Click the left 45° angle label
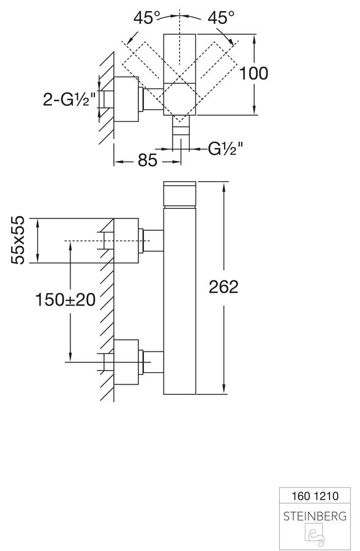click(147, 17)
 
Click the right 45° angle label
click(221, 17)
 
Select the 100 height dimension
click(253, 73)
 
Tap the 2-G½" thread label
click(69, 99)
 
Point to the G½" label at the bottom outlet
click(225, 149)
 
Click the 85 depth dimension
click(148, 161)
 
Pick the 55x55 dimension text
click(18, 240)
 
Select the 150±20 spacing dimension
click(66, 300)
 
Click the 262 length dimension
click(223, 287)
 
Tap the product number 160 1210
click(315, 496)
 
